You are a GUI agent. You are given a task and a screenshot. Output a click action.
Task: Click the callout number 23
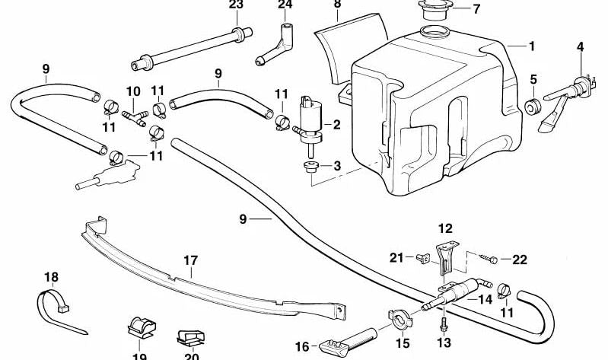236,5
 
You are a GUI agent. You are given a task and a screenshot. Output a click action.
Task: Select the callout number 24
285,5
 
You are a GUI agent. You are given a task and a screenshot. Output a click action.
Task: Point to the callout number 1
531,46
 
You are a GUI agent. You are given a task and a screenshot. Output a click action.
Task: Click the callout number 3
336,166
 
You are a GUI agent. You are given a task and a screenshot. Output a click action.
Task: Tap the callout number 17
190,260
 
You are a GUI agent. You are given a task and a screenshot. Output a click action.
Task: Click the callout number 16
301,346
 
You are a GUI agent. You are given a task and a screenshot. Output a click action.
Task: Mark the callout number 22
520,260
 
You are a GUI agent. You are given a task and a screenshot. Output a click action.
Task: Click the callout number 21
396,258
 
